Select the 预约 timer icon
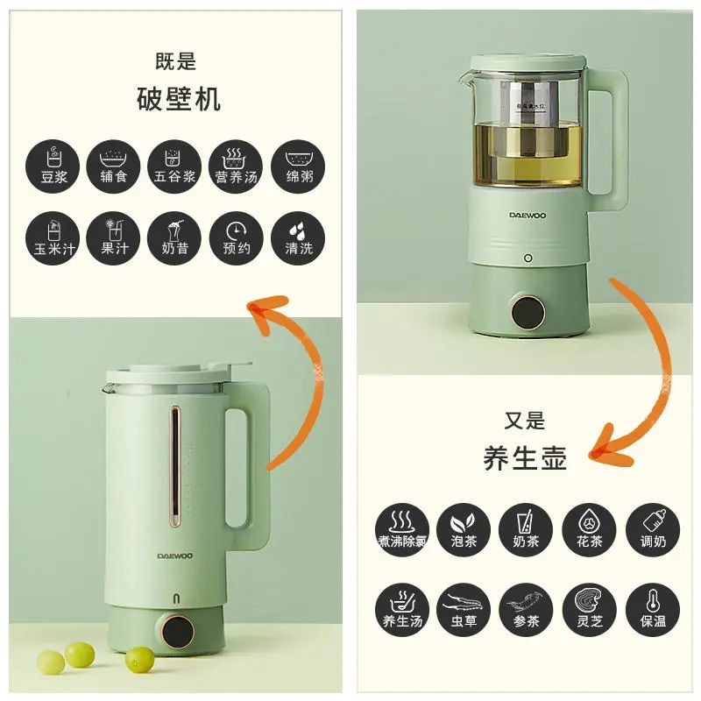pyautogui.click(x=236, y=236)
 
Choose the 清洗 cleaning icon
pyautogui.click(x=298, y=236)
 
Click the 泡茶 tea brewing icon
pyautogui.click(x=464, y=529)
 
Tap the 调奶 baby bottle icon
pyautogui.click(x=651, y=529)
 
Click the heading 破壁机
pyautogui.click(x=179, y=99)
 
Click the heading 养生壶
pyautogui.click(x=525, y=457)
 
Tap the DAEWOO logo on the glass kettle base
pyautogui.click(x=528, y=213)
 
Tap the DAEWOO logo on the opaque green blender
pyautogui.click(x=174, y=554)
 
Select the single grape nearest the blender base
pyautogui.click(x=139, y=658)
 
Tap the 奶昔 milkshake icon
pyautogui.click(x=175, y=236)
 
